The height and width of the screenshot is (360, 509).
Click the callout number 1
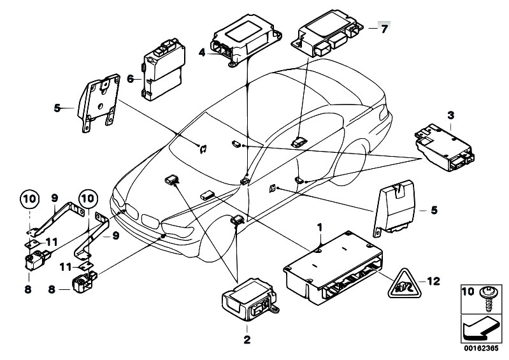pyautogui.click(x=319, y=226)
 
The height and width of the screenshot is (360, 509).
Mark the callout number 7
pyautogui.click(x=384, y=29)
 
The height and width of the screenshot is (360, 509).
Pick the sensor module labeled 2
pyautogui.click(x=245, y=303)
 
